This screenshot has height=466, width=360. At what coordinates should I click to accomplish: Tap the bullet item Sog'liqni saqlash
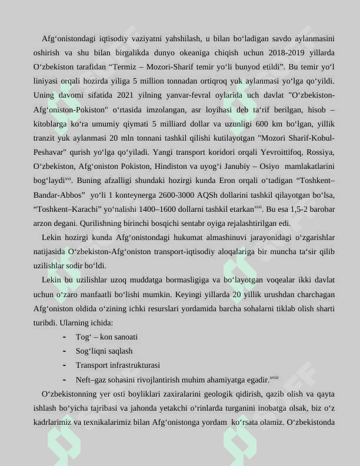coord(104,351)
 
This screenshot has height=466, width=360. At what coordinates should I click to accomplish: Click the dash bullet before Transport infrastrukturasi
coord(64,365)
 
